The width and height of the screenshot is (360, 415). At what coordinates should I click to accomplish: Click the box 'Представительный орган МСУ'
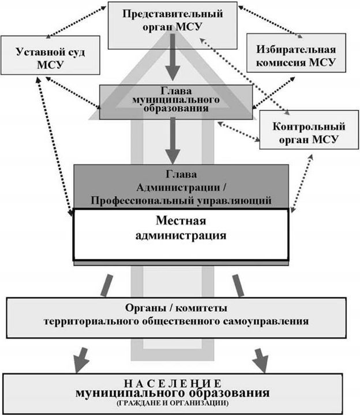click(x=172, y=24)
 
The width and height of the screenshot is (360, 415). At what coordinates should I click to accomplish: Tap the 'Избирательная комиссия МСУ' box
click(x=296, y=53)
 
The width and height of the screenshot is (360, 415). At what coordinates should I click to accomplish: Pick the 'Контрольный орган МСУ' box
click(x=303, y=130)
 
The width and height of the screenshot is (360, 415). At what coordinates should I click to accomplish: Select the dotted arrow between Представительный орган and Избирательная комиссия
click(x=269, y=21)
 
